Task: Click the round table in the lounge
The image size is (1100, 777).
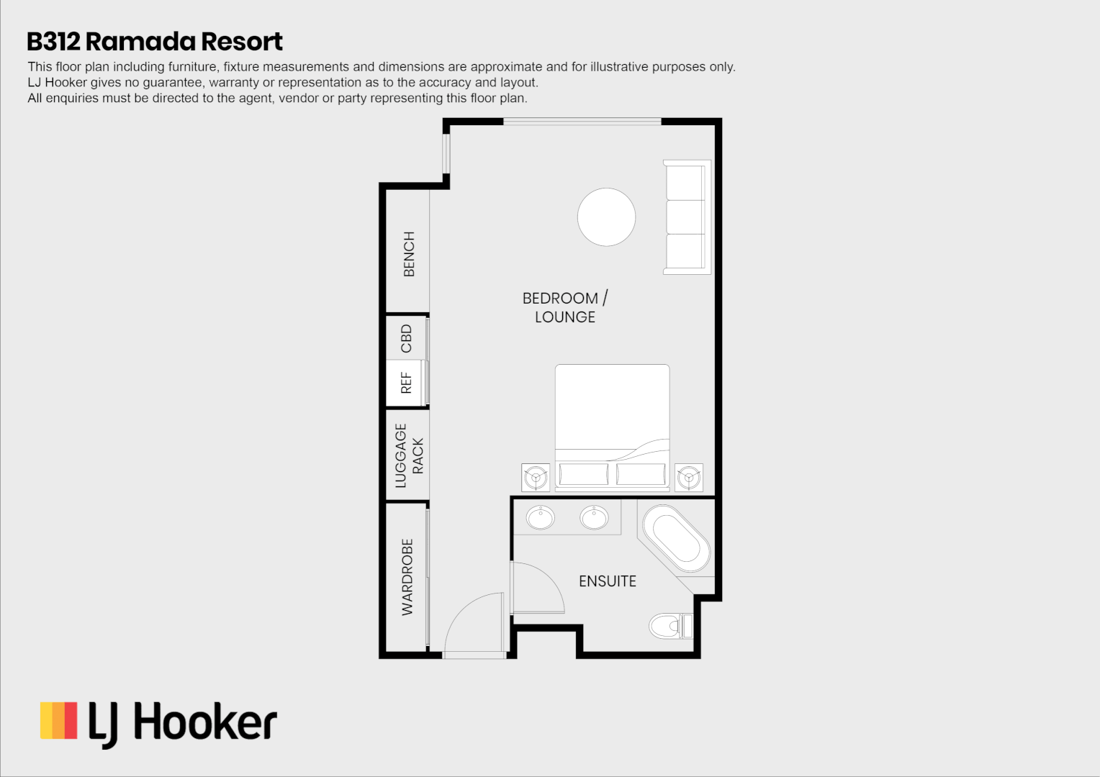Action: tap(606, 217)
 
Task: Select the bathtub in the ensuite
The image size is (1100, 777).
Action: tap(676, 539)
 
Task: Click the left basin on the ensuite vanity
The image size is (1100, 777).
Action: tap(540, 517)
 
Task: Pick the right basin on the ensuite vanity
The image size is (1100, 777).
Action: tap(594, 517)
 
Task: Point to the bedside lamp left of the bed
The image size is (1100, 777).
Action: tap(535, 477)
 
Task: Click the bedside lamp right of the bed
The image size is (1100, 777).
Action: tap(689, 477)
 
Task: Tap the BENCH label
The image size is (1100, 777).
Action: tap(409, 254)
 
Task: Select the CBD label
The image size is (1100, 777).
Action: tap(407, 338)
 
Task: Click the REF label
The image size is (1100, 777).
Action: tap(407, 383)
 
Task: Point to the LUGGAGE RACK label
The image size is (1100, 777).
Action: tap(409, 455)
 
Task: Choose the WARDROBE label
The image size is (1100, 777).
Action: tap(407, 577)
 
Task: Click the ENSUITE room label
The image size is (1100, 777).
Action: tap(608, 581)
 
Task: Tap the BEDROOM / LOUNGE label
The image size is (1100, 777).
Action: tap(565, 307)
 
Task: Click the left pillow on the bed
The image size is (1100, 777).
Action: tap(583, 474)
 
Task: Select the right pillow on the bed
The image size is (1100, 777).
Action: tap(641, 474)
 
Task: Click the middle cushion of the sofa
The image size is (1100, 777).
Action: tap(685, 217)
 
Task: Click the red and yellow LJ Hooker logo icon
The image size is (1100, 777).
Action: tap(58, 721)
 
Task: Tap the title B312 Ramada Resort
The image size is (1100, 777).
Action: tap(155, 42)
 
